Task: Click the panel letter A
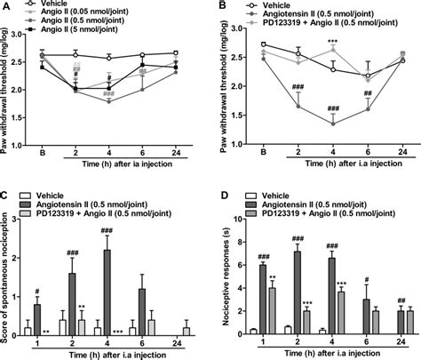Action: click(x=6, y=7)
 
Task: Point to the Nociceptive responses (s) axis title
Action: click(x=220, y=276)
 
